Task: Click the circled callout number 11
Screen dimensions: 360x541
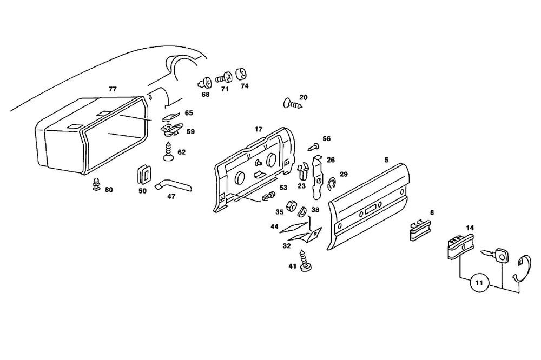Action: (x=478, y=282)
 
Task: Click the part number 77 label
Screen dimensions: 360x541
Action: (x=113, y=89)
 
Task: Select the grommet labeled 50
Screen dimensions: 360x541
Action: (x=143, y=172)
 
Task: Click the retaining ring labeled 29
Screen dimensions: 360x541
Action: (x=332, y=184)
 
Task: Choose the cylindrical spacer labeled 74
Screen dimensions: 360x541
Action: (x=242, y=74)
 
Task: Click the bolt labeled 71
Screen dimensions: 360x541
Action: (x=225, y=77)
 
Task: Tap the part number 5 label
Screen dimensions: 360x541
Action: (x=386, y=159)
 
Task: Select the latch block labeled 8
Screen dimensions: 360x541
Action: (x=418, y=229)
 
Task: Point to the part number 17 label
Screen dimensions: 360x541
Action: (x=259, y=129)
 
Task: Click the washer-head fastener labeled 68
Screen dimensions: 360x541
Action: (x=206, y=83)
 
